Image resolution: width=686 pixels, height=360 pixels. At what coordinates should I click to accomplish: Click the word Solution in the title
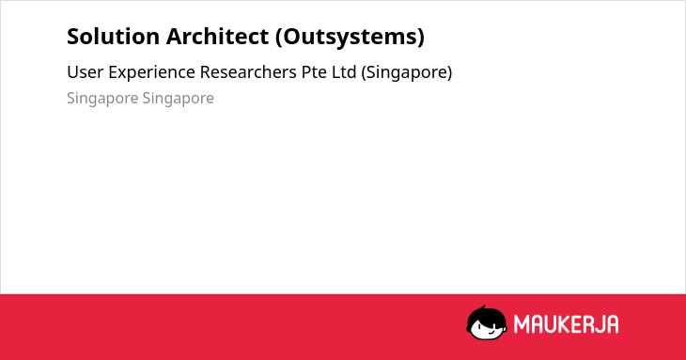(x=113, y=36)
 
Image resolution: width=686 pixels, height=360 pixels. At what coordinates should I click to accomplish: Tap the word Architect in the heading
(x=217, y=36)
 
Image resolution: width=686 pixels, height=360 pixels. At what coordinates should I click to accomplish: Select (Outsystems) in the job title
(x=350, y=37)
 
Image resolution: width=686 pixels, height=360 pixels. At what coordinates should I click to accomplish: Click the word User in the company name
(x=86, y=72)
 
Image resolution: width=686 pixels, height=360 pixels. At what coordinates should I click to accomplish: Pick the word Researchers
(x=248, y=72)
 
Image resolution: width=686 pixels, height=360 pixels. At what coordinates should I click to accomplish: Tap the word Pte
(x=314, y=72)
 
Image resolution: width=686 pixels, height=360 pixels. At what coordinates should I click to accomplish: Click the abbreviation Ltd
(x=344, y=72)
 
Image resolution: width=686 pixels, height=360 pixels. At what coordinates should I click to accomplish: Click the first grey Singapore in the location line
(x=102, y=99)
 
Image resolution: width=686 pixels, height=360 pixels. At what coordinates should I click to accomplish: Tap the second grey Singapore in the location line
(x=178, y=99)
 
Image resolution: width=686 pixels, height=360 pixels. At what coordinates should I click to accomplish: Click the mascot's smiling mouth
(x=491, y=332)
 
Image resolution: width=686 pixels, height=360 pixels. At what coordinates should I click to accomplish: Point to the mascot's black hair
(x=486, y=316)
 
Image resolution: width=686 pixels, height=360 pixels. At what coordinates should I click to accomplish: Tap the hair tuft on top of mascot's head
(x=484, y=307)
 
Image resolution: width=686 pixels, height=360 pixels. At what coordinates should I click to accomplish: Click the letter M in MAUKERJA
(x=522, y=324)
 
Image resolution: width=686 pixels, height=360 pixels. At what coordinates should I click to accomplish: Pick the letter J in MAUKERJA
(x=598, y=324)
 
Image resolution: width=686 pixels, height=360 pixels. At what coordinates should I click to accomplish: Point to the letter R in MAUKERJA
(x=588, y=324)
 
